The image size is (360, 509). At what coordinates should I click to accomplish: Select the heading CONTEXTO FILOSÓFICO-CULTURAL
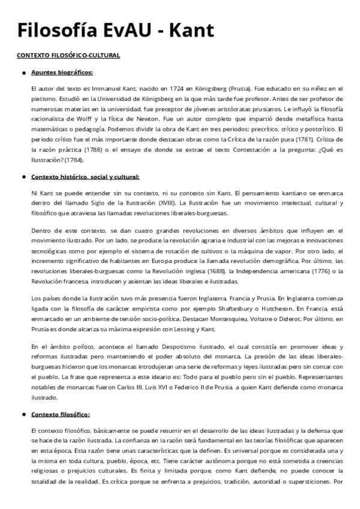pos(68,56)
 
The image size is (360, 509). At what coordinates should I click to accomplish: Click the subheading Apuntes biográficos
pos(62,73)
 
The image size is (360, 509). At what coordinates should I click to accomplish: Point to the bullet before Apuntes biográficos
pos(23,73)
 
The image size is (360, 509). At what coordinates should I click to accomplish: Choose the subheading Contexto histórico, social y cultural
pos(85,177)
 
